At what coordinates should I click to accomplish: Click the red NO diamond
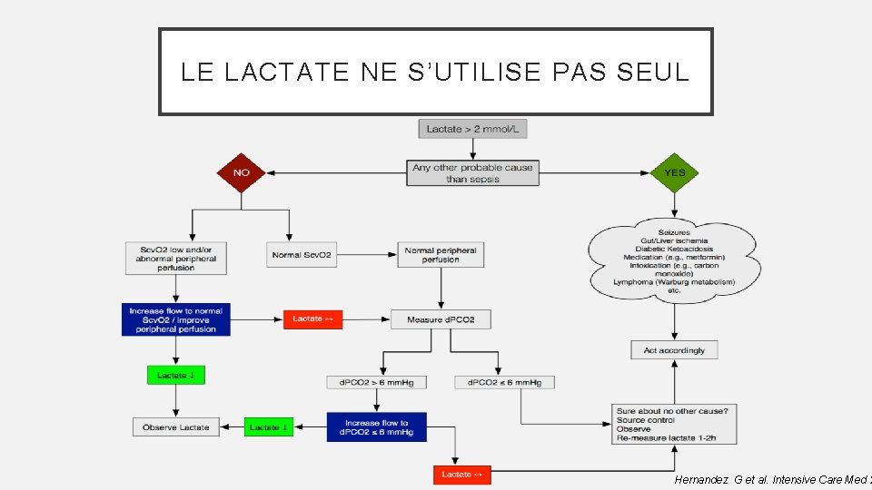point(242,172)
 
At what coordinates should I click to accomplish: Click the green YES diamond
point(675,172)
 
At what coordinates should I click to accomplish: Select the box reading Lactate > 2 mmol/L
point(472,129)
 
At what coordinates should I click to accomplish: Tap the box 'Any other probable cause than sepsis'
point(472,172)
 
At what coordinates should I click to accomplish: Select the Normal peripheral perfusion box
point(441,255)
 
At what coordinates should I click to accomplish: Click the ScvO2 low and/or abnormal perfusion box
point(176,257)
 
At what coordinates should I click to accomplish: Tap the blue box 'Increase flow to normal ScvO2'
point(175,319)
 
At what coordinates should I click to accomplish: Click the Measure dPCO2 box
point(441,319)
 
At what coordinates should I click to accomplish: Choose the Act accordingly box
point(674,349)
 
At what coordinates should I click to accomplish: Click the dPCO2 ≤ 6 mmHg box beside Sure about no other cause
point(504,382)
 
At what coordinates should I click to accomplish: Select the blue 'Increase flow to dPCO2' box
point(376,427)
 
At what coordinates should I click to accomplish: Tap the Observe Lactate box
point(176,426)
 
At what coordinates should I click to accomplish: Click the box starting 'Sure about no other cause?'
point(674,425)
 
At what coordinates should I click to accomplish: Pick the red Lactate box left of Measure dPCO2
point(313,319)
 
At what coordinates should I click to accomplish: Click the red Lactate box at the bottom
point(462,475)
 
